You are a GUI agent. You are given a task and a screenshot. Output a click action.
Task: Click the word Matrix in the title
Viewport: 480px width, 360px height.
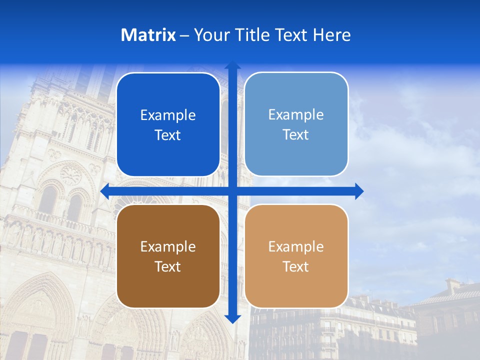click(x=148, y=35)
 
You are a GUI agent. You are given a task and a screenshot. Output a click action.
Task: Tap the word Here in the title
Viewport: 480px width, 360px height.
click(x=331, y=35)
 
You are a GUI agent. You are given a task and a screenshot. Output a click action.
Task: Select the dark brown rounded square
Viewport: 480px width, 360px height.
click(x=168, y=285)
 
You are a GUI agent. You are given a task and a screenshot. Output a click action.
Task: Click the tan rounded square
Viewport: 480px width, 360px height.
click(x=296, y=285)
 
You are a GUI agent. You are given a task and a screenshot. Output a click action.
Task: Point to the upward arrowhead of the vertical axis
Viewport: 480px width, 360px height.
click(x=232, y=65)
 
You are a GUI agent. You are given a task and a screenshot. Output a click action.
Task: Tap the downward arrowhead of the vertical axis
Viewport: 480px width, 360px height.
click(x=232, y=319)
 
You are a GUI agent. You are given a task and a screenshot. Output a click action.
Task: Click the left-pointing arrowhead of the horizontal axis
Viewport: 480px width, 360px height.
click(x=105, y=191)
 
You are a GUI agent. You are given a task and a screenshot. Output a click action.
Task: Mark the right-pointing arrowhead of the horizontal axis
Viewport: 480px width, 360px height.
click(x=359, y=191)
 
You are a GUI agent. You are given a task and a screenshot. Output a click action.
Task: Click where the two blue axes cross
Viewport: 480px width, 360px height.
click(x=232, y=191)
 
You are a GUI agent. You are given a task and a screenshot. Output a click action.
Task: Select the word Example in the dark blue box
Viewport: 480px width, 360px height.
click(x=168, y=115)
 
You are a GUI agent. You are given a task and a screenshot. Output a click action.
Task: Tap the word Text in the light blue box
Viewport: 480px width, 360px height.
click(x=296, y=135)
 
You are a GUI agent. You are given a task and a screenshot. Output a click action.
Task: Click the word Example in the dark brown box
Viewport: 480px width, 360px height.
click(x=168, y=246)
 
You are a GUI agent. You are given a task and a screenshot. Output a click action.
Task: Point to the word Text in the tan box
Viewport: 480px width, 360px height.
click(x=296, y=266)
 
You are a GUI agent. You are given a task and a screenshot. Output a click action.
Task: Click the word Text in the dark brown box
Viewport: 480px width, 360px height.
click(x=168, y=266)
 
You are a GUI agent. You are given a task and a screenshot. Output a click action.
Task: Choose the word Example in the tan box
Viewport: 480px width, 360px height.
click(x=296, y=246)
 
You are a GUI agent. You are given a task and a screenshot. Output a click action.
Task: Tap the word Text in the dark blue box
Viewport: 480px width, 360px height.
click(x=168, y=135)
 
